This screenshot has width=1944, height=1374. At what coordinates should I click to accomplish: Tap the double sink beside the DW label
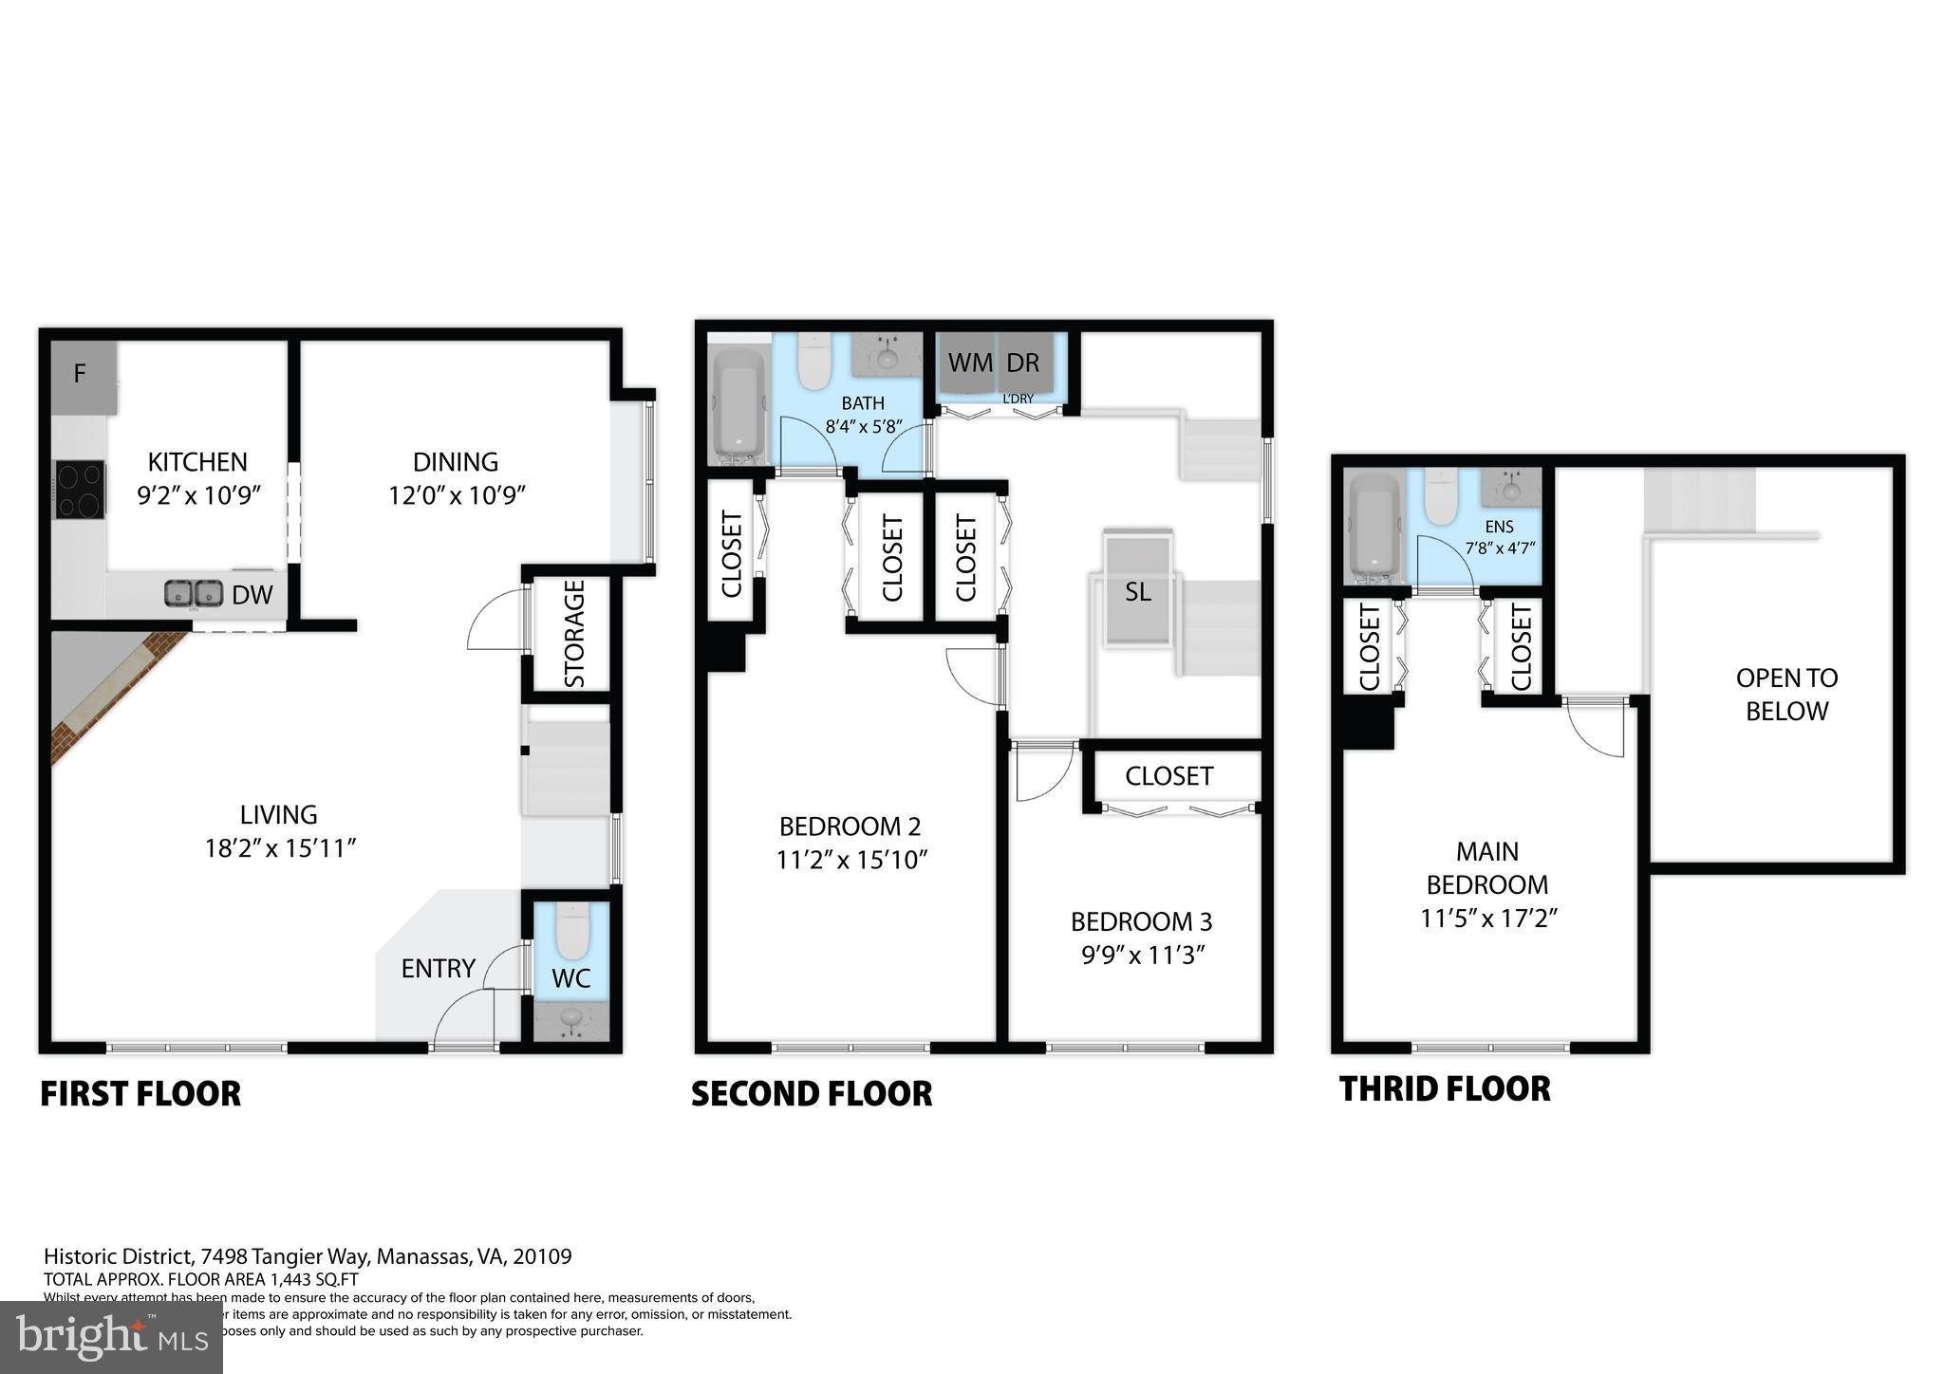click(x=194, y=594)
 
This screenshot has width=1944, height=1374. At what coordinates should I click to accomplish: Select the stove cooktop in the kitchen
click(x=81, y=489)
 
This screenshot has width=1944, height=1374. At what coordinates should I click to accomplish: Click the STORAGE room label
click(x=573, y=633)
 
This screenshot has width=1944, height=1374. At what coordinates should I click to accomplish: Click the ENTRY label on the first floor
click(x=438, y=969)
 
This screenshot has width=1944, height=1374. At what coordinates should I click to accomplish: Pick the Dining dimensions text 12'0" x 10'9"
click(x=456, y=495)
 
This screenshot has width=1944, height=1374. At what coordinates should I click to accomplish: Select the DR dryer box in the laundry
click(x=1023, y=363)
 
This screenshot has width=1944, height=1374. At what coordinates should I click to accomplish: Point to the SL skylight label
click(x=1137, y=593)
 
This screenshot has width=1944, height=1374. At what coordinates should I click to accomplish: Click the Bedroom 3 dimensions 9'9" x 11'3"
click(x=1142, y=956)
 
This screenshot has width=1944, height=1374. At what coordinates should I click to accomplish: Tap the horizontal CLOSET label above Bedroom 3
click(x=1168, y=777)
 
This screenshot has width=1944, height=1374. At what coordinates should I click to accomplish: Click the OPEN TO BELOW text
click(x=1786, y=695)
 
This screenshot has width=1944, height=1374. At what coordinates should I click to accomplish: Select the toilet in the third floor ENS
click(x=1441, y=498)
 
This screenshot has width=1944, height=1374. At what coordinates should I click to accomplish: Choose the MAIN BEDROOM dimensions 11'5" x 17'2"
click(x=1487, y=919)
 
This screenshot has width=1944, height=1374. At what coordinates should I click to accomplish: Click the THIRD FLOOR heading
click(x=1444, y=1089)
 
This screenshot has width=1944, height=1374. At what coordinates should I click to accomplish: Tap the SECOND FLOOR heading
click(x=811, y=1094)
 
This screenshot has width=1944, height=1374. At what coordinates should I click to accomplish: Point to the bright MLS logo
click(x=111, y=1337)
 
